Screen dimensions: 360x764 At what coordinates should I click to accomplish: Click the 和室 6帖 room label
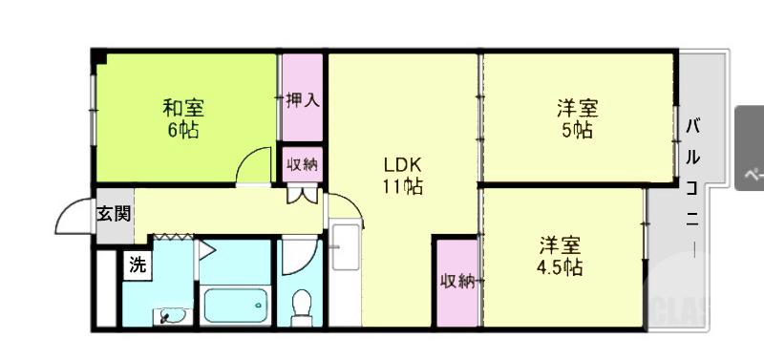point(182,118)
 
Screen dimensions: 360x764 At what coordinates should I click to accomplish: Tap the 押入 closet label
point(303,99)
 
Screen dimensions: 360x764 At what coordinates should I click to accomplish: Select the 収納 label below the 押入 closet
point(303,163)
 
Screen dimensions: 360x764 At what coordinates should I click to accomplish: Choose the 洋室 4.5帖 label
point(560,255)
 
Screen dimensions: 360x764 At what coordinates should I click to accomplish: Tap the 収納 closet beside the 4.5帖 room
point(457,281)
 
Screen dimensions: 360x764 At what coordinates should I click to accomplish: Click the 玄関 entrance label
point(113,214)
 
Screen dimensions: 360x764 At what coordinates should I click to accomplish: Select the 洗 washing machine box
point(138,265)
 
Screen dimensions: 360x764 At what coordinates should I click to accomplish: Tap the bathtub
point(235,306)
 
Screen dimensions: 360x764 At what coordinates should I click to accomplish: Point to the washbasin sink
point(171,314)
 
